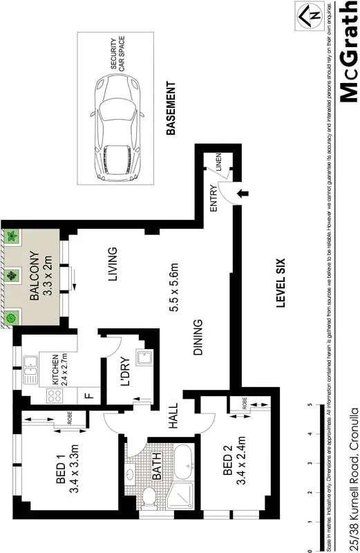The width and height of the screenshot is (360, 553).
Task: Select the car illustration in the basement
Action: pos(118,129)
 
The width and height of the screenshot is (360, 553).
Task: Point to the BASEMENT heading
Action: pos(173,109)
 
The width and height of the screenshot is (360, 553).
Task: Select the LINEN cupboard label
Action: pos(218,163)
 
